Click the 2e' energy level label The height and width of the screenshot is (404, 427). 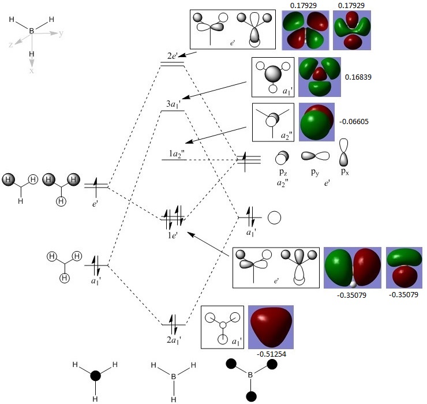point(173,56)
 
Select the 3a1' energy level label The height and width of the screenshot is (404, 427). point(173,103)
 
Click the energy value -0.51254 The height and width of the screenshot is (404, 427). point(271,354)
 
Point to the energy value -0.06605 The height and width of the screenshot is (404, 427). point(355,122)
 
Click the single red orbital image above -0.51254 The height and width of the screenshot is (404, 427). point(271,327)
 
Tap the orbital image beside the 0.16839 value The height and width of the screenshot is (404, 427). point(319,76)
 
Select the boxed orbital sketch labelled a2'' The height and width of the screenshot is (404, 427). point(273,122)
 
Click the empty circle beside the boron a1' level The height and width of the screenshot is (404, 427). point(275,218)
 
